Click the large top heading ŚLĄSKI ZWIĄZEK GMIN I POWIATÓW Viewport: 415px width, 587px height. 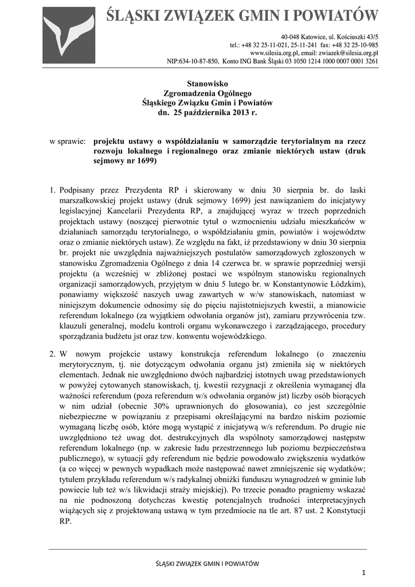coord(242,16)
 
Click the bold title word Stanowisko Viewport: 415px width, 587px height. coord(207,84)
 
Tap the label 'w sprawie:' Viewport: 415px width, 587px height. coord(68,140)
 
